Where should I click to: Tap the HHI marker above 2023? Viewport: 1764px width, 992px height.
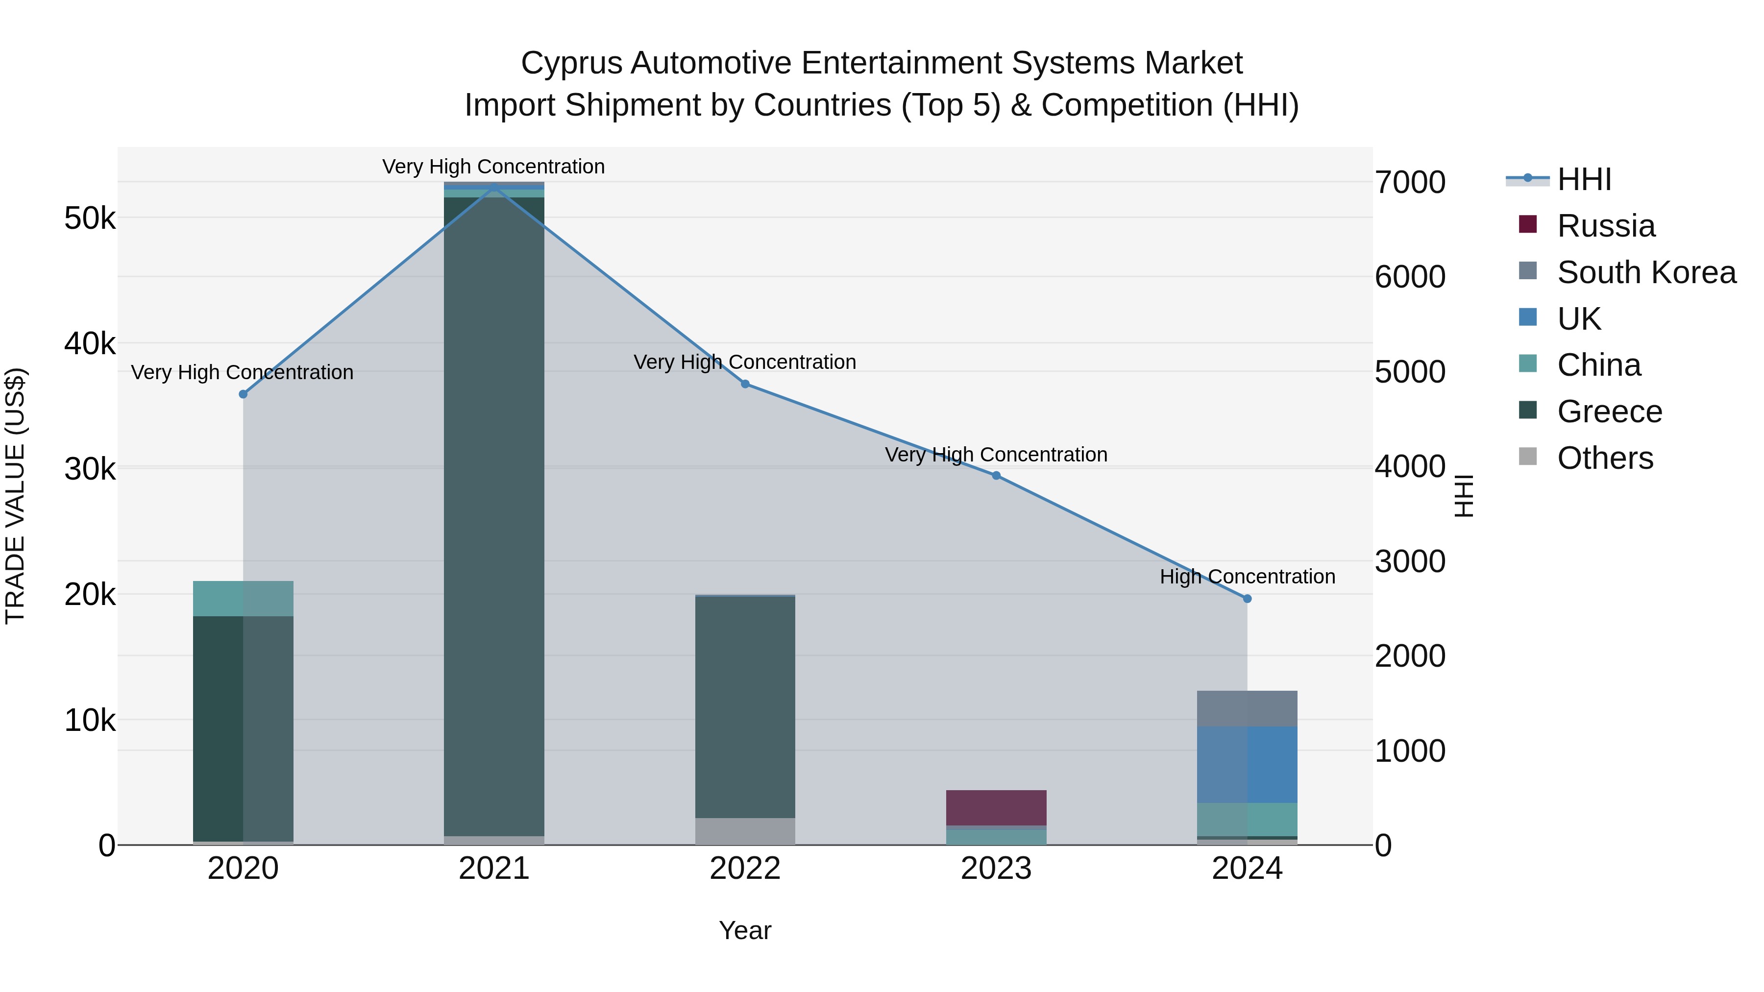click(996, 476)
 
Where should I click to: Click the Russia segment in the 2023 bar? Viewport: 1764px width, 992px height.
click(996, 808)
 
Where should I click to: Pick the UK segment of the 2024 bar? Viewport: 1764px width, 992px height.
click(1247, 765)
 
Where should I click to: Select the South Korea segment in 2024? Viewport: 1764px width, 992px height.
click(1247, 708)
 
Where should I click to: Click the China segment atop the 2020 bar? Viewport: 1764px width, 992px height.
click(243, 598)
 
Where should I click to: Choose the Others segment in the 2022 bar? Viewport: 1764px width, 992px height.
click(745, 831)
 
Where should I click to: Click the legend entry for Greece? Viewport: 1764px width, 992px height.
click(1609, 411)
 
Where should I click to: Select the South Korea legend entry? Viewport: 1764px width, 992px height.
click(1646, 272)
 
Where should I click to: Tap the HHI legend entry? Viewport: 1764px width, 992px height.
click(1584, 180)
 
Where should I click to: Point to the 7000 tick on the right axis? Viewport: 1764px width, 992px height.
click(1410, 183)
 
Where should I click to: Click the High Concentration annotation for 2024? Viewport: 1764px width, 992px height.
click(1247, 577)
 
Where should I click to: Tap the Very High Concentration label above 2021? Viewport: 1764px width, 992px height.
click(494, 167)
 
